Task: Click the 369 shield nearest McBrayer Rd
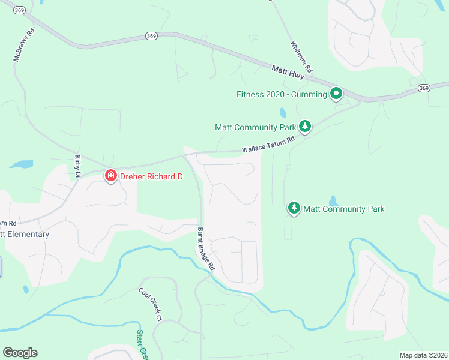coord(20,10)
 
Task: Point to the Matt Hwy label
coord(288,71)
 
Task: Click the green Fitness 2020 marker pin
coord(336,94)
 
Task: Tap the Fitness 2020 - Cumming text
coord(281,94)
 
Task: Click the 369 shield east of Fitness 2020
coord(424,88)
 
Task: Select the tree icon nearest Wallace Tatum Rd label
coord(305,126)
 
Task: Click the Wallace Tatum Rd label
coord(268,145)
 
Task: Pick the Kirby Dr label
coord(77,166)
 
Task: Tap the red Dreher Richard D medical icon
coord(110,176)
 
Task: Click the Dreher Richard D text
coord(151,177)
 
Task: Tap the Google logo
coord(20,353)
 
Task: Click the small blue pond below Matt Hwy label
coord(282,112)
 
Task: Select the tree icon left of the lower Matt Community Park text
coord(294,208)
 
